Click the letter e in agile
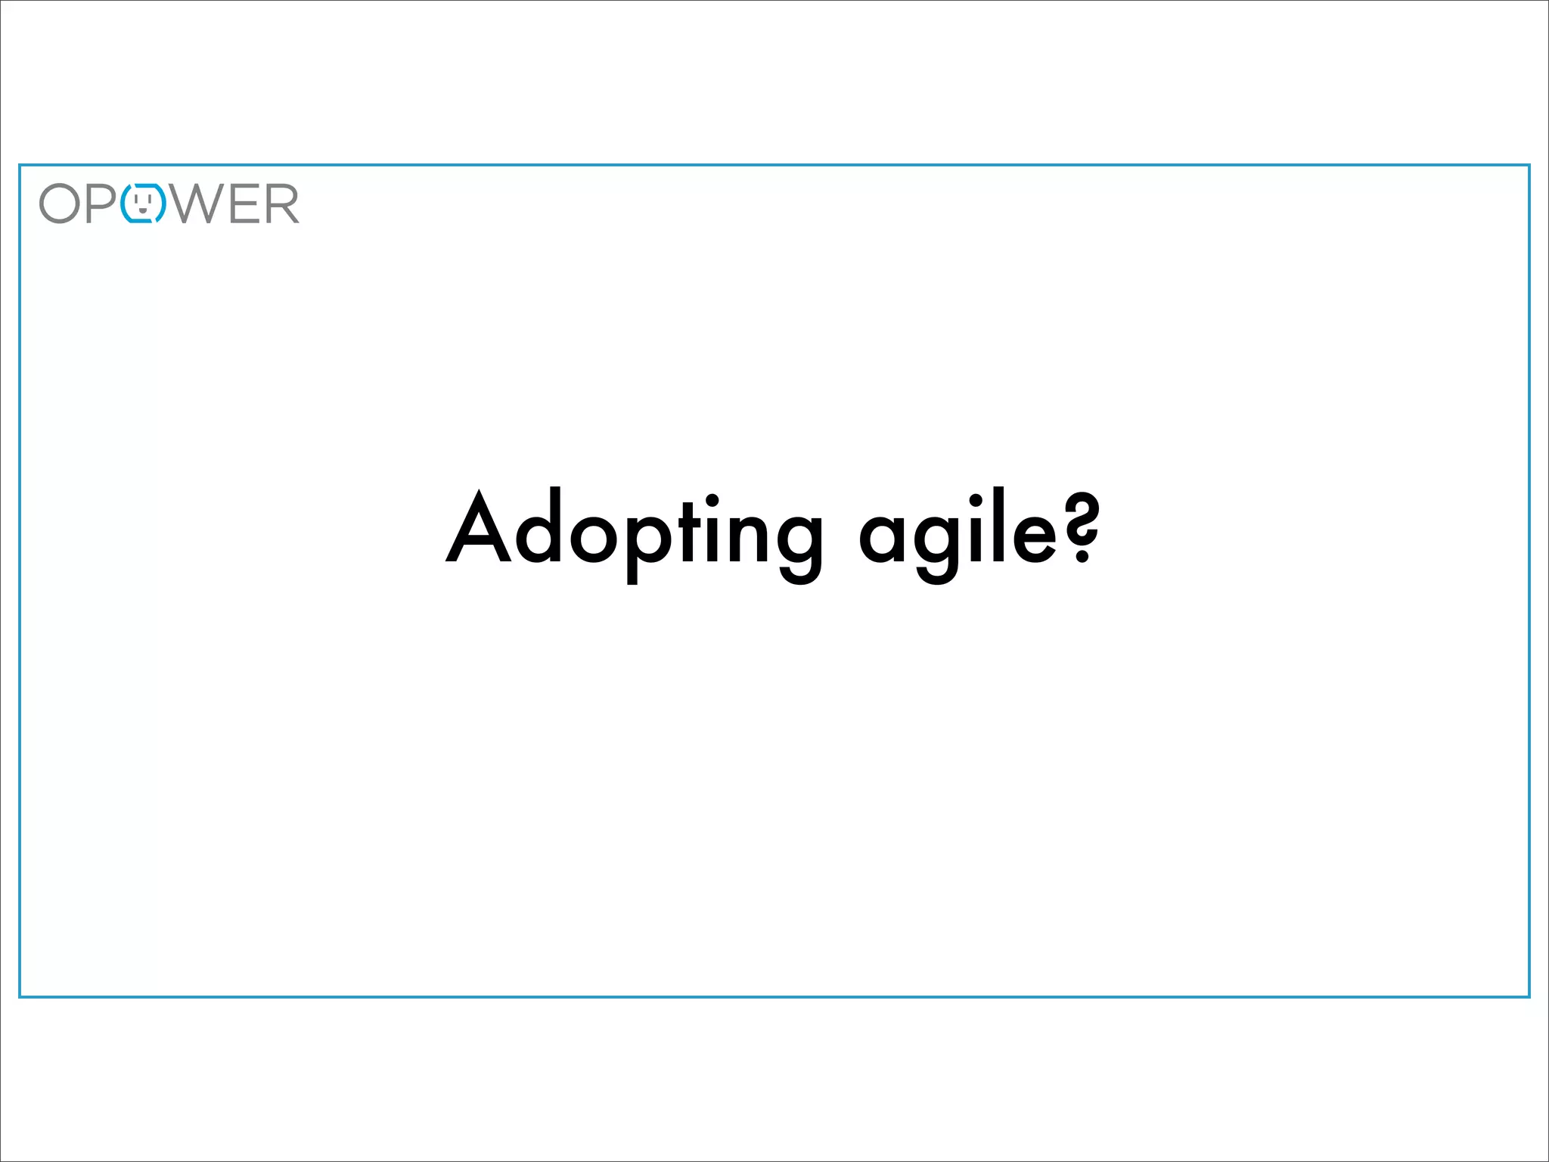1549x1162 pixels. (1034, 538)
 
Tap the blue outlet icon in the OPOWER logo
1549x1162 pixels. (143, 203)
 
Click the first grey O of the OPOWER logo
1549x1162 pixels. (60, 204)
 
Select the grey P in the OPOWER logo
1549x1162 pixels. (101, 204)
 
